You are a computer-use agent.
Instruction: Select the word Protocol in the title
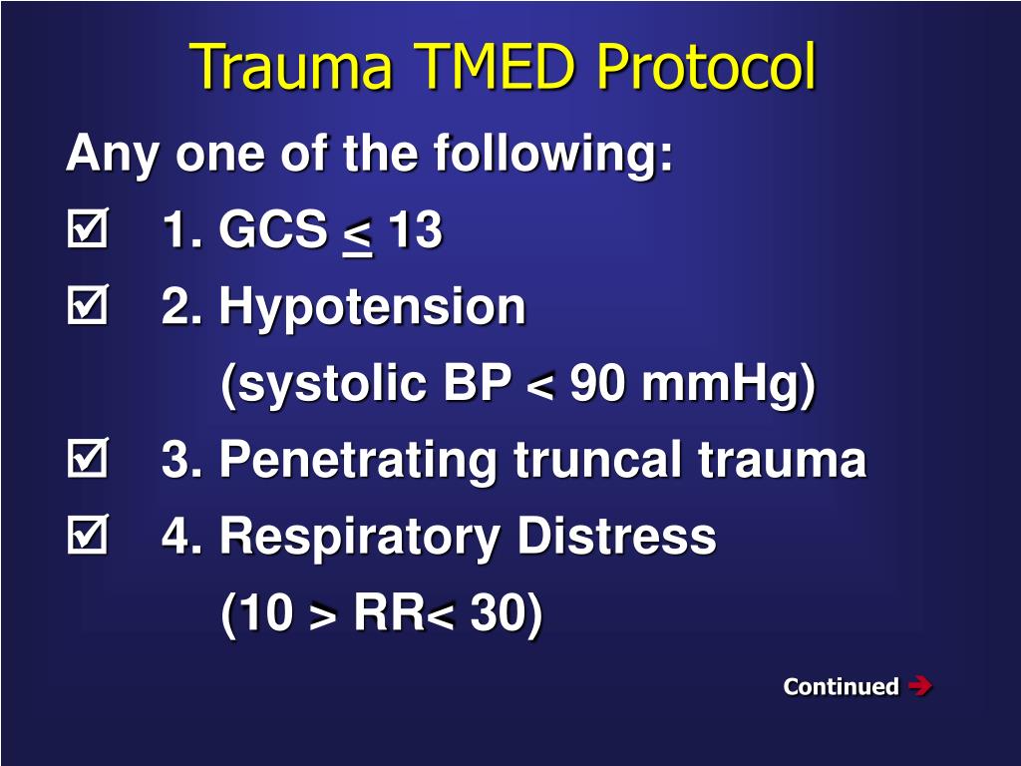coord(706,67)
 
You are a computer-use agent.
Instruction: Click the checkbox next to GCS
coord(86,232)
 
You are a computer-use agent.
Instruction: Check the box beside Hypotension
coord(86,308)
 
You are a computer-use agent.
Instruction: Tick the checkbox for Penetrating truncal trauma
coord(86,461)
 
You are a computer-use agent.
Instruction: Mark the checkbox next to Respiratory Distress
coord(86,538)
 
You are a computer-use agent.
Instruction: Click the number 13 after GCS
coord(415,231)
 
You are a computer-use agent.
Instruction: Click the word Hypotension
coord(371,308)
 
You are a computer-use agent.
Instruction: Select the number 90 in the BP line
coord(597,384)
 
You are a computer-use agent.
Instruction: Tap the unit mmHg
coord(729,384)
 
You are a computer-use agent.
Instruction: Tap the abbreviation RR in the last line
coord(389,614)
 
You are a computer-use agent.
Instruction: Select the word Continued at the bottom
coord(841,686)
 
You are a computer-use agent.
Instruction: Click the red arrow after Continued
coord(920,685)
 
